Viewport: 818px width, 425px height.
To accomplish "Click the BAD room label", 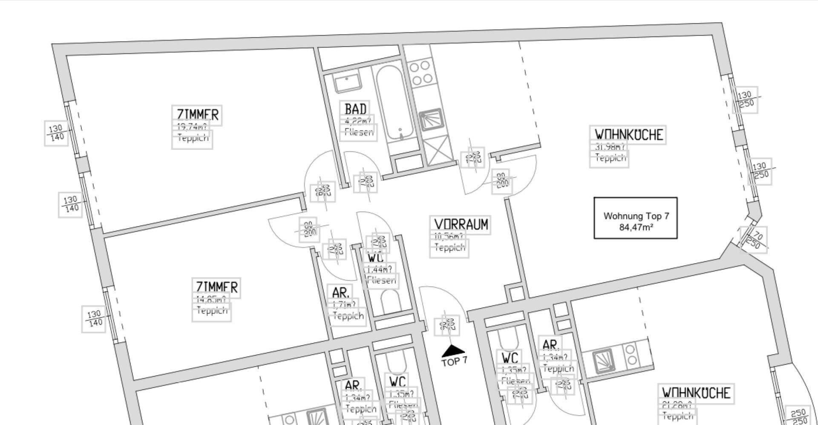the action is (355, 109).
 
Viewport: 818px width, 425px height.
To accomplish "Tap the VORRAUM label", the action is (461, 224).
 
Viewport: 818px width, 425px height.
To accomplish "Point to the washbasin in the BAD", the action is (347, 83).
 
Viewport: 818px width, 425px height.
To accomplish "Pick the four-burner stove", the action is (420, 73).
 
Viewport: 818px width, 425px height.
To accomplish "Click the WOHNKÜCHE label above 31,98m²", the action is (628, 135).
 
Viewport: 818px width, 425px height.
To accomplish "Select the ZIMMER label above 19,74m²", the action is (197, 114).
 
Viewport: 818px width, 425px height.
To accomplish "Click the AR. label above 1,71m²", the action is (341, 293).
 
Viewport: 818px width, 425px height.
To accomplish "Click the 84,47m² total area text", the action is (637, 227).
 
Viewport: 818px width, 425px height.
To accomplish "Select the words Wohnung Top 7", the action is (636, 216).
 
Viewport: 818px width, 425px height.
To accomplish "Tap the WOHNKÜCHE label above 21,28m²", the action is (697, 393).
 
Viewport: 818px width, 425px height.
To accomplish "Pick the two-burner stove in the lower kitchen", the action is (631, 355).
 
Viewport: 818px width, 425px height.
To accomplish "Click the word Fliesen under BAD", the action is (359, 132).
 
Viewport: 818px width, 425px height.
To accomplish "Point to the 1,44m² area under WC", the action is (380, 269).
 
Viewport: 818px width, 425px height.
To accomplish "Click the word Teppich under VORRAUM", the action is (449, 248).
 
